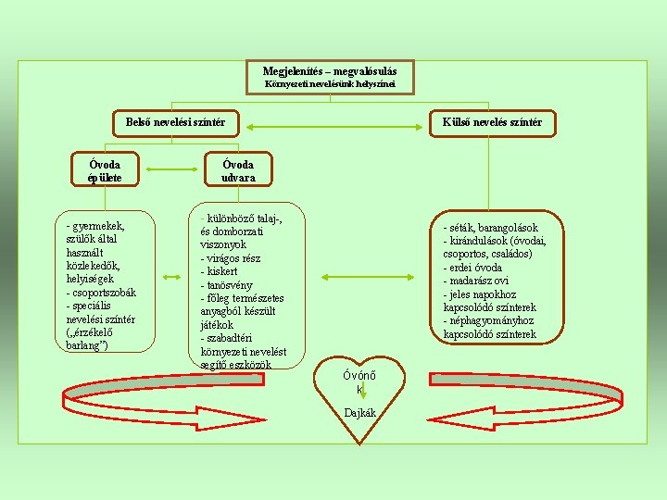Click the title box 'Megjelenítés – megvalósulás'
[x=330, y=71]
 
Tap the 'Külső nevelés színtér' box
[x=491, y=122]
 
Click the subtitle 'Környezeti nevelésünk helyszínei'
[x=330, y=85]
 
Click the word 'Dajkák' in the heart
[x=359, y=413]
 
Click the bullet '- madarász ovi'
[x=478, y=281]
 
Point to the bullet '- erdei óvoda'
[x=472, y=268]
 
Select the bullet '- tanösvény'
[x=228, y=285]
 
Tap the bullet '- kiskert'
[x=222, y=272]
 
